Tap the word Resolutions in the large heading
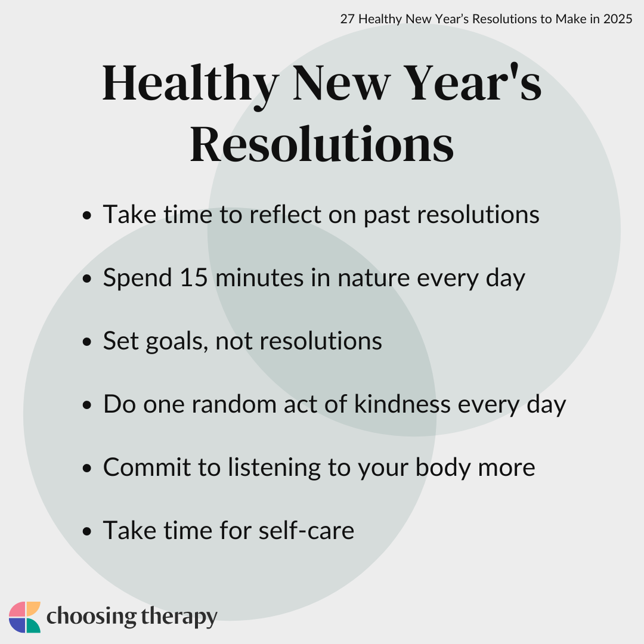[x=322, y=144]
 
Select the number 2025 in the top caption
[x=618, y=19]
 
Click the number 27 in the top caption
[x=347, y=19]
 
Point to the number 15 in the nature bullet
[x=193, y=277]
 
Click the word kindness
[x=402, y=404]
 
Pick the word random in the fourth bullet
[x=234, y=404]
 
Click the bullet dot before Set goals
[x=86, y=342]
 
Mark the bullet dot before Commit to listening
[x=86, y=468]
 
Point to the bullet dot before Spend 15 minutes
[x=86, y=278]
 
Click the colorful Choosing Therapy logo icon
[x=24, y=617]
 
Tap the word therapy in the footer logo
[x=179, y=617]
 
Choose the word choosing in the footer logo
[x=92, y=617]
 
